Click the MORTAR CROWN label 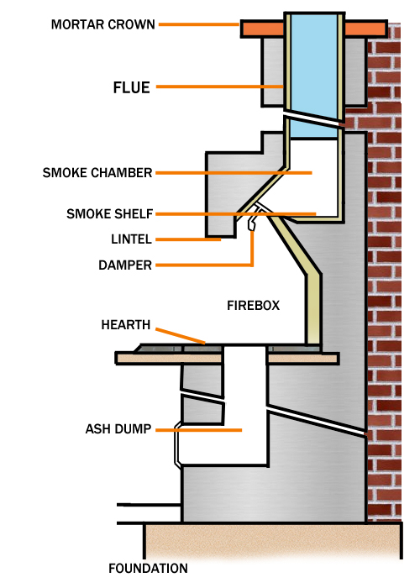coord(102,24)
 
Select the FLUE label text coord(131,87)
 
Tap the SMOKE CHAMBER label coord(97,173)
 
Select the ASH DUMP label coord(118,428)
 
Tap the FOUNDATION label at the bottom coord(148,569)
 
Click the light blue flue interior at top coord(312,59)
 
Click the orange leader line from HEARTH coord(181,336)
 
